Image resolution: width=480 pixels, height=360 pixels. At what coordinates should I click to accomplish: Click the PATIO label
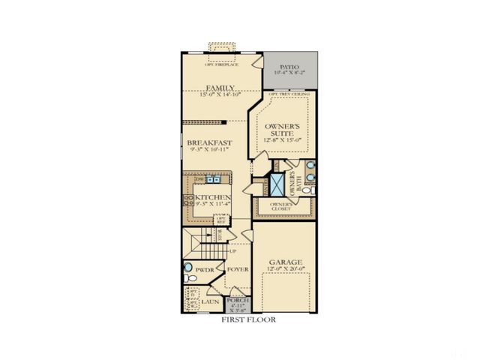(289, 66)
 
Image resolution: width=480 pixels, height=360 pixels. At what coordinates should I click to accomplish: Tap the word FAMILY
(221, 88)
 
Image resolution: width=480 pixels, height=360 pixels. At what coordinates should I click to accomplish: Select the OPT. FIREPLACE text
(221, 64)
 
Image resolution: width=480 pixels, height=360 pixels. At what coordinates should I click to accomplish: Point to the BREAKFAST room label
(209, 142)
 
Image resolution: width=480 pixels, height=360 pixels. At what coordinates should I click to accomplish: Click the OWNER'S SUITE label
(283, 128)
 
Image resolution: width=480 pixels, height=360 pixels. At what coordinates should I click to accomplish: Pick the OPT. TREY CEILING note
(289, 94)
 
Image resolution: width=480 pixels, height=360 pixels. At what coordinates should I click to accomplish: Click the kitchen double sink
(214, 180)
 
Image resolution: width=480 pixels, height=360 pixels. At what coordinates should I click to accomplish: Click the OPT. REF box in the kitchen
(221, 220)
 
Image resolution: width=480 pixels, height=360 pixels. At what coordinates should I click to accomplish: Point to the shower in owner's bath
(278, 183)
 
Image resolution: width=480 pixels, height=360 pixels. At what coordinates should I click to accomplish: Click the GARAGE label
(284, 262)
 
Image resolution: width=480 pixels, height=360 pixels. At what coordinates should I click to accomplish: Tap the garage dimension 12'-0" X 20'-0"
(284, 269)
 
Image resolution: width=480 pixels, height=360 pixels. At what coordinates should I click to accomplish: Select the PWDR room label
(205, 268)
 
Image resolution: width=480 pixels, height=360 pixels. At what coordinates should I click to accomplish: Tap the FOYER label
(238, 268)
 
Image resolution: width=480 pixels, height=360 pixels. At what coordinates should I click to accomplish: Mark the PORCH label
(238, 301)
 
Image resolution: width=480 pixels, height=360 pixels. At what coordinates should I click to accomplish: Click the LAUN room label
(209, 302)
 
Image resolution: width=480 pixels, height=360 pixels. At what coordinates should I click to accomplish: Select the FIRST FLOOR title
(247, 319)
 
